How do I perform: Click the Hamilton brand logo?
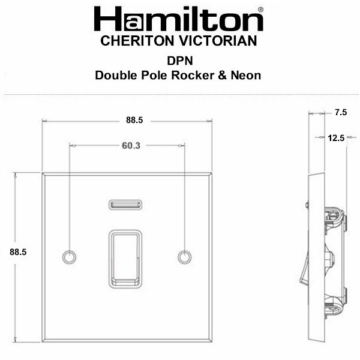coord(178,19)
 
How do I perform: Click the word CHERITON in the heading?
coord(137,41)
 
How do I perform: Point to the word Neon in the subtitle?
coord(245,76)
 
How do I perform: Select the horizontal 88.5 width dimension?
coord(134,120)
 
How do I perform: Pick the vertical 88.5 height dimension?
coord(18,252)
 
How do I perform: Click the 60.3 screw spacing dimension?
coord(131,146)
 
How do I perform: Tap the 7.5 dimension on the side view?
coord(341,112)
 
